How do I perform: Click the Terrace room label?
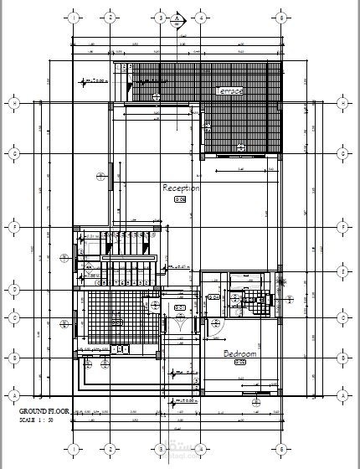[229, 90]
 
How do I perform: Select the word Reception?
[181, 188]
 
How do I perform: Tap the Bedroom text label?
[239, 354]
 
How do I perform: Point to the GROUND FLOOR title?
[44, 412]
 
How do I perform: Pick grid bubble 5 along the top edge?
[282, 17]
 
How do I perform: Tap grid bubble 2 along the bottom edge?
[110, 446]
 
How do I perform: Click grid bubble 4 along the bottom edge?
[200, 446]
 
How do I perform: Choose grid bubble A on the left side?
[13, 394]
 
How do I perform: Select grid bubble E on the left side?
[13, 226]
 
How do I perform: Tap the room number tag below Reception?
[180, 199]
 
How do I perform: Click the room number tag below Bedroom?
[239, 363]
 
